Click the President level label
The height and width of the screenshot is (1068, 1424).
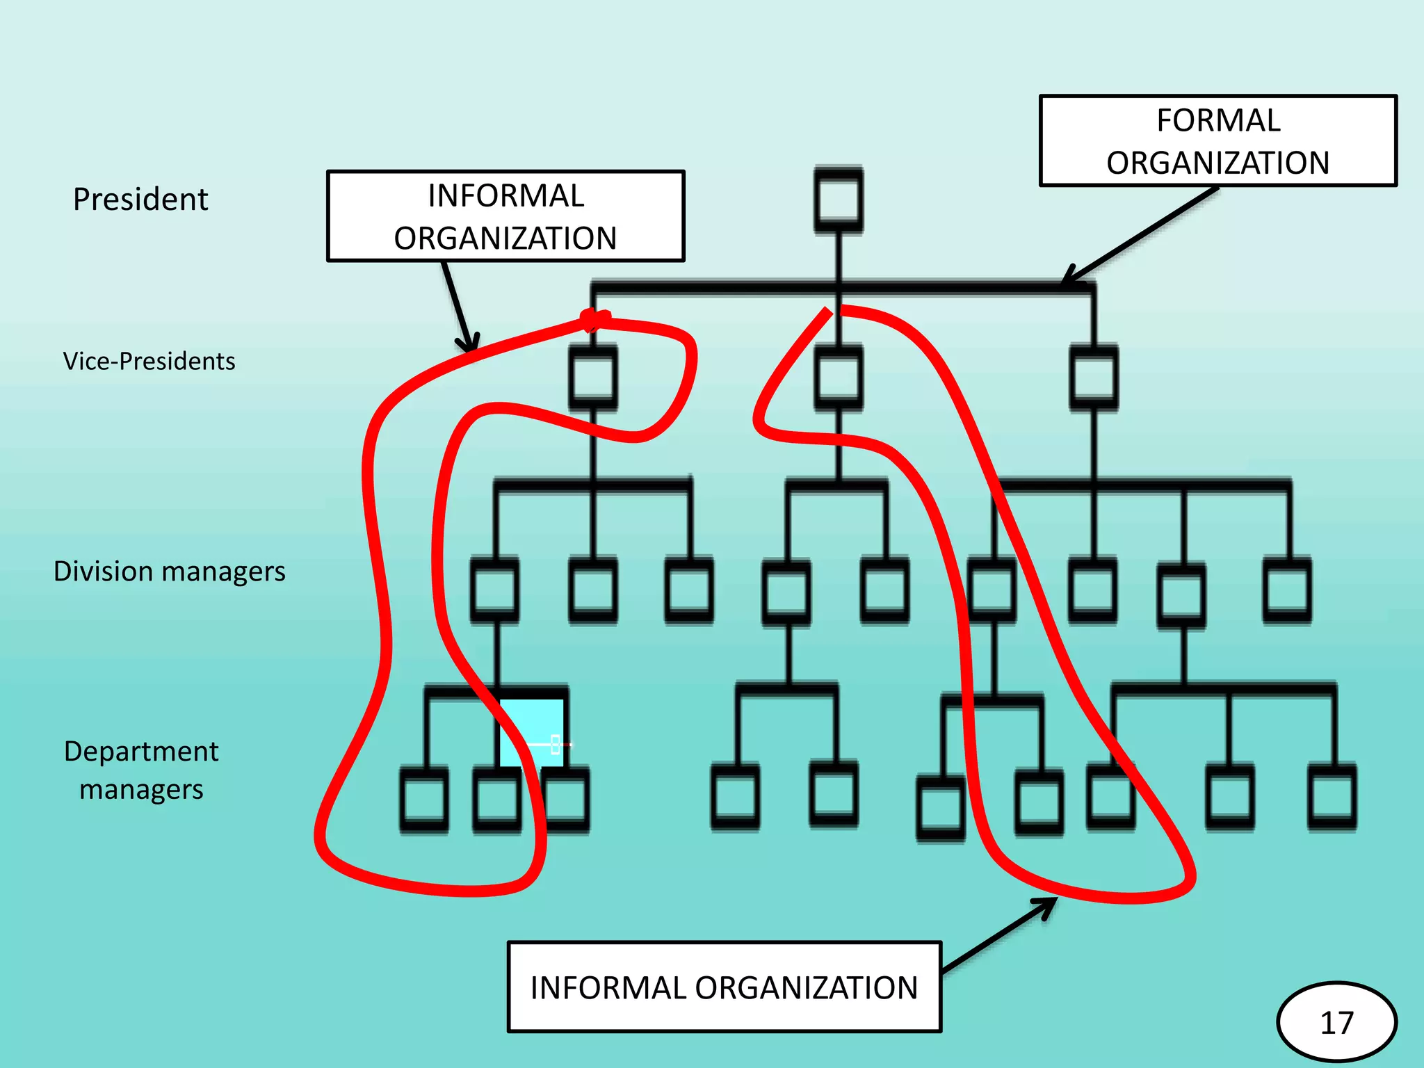coord(140,200)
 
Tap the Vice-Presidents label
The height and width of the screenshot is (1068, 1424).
coord(149,362)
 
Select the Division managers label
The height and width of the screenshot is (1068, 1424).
coord(169,572)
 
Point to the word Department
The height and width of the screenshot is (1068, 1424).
coord(141,752)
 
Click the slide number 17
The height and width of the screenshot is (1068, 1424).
coord(1336,1023)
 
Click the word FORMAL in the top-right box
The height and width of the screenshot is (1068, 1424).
coord(1218,120)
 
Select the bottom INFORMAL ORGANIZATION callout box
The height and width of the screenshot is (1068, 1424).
coord(724,987)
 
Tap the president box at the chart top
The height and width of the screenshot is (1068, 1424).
coord(839,200)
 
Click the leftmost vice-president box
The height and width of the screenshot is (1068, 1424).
coord(593,378)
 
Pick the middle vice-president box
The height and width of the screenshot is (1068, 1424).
coord(839,378)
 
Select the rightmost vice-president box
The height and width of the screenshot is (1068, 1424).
coord(1094,378)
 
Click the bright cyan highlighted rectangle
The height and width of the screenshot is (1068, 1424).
coord(532,731)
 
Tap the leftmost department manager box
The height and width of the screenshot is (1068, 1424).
coord(423,800)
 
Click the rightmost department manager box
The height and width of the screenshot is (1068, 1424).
coord(1332,797)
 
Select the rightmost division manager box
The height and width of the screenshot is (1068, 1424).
coord(1287,590)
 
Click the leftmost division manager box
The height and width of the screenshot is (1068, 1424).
coord(494,590)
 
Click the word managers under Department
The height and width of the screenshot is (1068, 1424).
coord(141,790)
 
